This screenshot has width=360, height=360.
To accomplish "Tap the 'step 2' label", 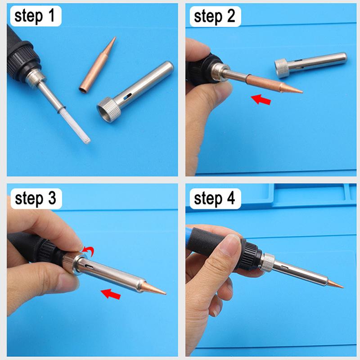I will [215, 17].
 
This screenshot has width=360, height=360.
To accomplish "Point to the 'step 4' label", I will [215, 198].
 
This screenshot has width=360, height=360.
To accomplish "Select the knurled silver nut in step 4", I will [268, 261].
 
